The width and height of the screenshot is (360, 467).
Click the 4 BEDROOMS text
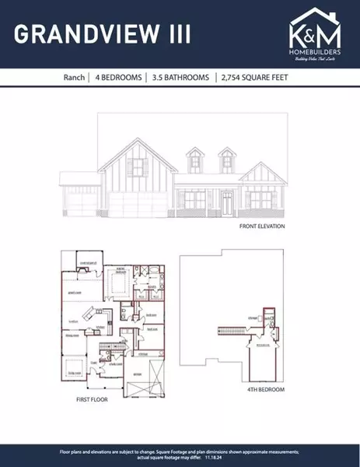[x=119, y=78]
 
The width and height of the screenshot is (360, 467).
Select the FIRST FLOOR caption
[x=92, y=399]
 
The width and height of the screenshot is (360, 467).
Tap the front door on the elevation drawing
[x=226, y=205]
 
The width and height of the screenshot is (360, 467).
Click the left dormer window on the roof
[x=195, y=163]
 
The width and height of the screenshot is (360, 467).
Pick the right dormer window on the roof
[x=226, y=163]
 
